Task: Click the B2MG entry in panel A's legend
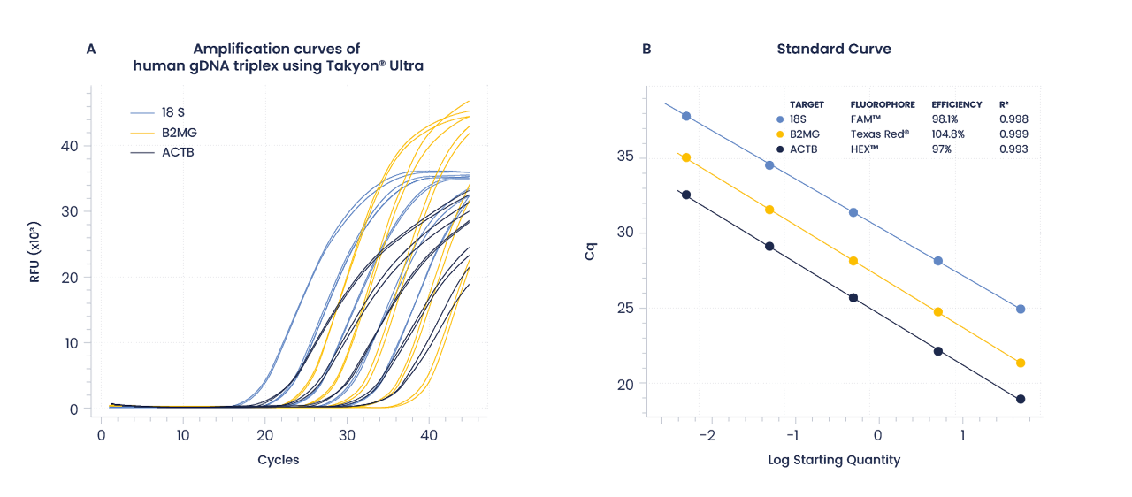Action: click(179, 133)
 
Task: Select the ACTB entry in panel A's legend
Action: click(177, 152)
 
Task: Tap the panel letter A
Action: click(90, 50)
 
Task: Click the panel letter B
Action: click(646, 50)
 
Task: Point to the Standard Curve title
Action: click(833, 50)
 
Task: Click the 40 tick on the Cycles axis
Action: click(429, 437)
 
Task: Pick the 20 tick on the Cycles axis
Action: click(264, 437)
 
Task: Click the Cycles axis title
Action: click(278, 460)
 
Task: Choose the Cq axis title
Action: click(590, 252)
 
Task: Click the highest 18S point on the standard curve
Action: click(686, 116)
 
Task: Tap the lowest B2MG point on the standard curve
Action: click(1021, 363)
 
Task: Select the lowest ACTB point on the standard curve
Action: click(1021, 399)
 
